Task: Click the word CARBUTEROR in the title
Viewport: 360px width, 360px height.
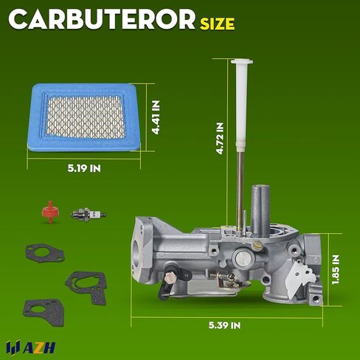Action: [102, 20]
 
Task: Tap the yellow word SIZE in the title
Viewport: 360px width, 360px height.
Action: [217, 24]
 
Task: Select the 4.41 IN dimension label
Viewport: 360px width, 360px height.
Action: [156, 117]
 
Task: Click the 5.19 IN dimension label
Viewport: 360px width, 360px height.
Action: [84, 169]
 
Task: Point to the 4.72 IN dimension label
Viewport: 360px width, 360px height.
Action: [220, 139]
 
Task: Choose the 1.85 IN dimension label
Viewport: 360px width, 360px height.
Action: [336, 269]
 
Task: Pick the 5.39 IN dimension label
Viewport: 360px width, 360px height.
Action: [225, 325]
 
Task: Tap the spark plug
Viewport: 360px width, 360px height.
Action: [89, 215]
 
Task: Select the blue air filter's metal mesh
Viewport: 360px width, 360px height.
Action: [86, 117]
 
